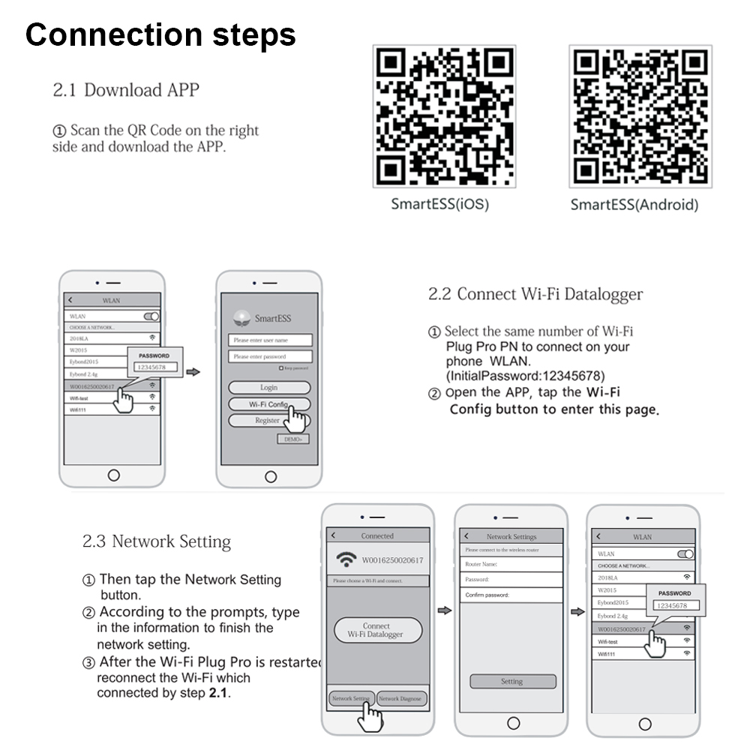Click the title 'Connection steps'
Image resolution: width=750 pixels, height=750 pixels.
tap(160, 35)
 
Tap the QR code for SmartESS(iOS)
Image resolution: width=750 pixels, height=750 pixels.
tap(445, 116)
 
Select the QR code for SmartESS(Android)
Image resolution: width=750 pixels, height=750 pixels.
tap(640, 116)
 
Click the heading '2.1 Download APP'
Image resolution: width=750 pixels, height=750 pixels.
tap(126, 90)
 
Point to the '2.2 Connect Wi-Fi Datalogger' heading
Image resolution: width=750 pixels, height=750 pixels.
tap(535, 294)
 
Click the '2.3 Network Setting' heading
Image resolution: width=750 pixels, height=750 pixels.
tap(156, 541)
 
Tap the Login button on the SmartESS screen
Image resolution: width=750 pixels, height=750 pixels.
tap(268, 388)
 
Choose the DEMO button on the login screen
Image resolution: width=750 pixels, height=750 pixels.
tap(292, 439)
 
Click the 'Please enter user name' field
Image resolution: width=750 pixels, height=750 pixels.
tap(269, 340)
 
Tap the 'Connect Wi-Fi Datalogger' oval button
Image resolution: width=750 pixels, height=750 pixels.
tap(376, 630)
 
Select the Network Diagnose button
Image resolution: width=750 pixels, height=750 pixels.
tap(402, 698)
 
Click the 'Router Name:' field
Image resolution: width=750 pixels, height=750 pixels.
tap(511, 564)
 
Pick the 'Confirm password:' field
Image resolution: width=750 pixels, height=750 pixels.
tap(511, 595)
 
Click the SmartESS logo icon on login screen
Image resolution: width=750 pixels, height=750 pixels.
tap(241, 318)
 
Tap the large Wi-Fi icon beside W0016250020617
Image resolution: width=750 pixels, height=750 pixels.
tap(346, 559)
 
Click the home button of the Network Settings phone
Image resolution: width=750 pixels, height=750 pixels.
tap(513, 723)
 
